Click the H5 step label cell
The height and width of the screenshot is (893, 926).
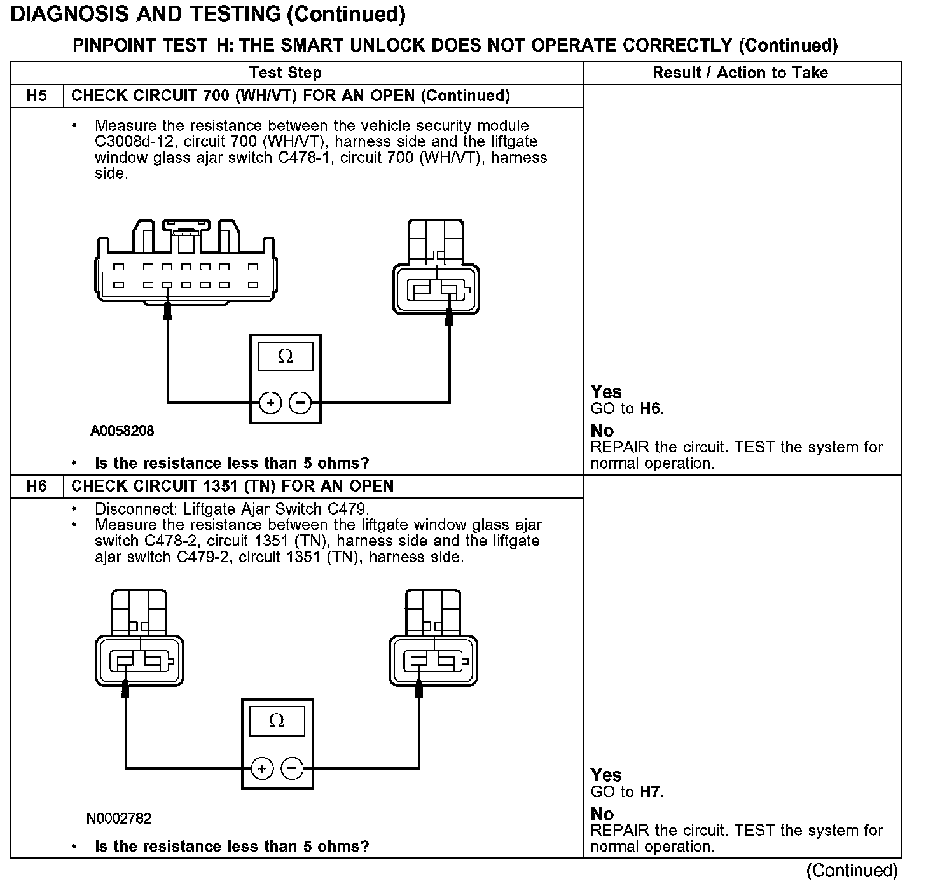coord(37,96)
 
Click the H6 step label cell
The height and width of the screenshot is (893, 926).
coord(37,487)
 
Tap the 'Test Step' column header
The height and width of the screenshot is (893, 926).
coord(285,73)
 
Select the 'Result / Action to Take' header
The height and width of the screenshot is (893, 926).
coord(740,73)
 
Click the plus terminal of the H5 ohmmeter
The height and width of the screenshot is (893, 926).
coord(270,403)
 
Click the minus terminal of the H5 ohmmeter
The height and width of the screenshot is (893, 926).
coord(300,403)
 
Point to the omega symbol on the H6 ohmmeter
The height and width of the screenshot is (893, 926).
coord(277,721)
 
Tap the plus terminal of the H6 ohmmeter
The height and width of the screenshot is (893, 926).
coord(261,768)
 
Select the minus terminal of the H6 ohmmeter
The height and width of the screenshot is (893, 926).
coord(291,768)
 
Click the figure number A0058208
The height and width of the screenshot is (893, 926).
coord(122,431)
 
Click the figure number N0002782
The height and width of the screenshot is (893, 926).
coord(119,819)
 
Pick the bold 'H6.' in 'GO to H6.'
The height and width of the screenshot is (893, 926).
coord(652,409)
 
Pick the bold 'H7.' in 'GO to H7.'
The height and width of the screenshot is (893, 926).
coord(652,793)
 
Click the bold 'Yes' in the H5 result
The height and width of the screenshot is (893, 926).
coord(606,392)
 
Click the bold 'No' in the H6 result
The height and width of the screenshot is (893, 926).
coord(602,814)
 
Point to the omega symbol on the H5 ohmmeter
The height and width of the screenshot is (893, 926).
coord(286,357)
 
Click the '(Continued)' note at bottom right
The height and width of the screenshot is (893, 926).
coord(852,871)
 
